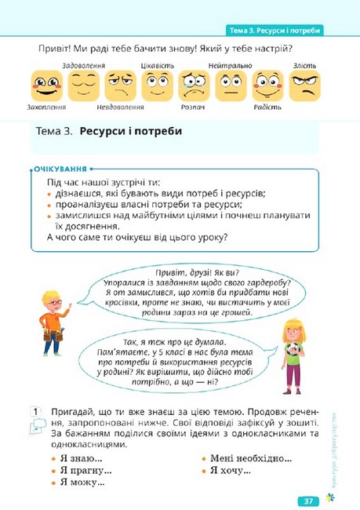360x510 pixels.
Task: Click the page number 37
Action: tap(307, 500)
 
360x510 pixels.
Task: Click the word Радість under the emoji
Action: tap(267, 105)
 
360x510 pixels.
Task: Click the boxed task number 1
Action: tap(35, 412)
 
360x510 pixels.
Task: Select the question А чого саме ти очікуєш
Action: tap(137, 236)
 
